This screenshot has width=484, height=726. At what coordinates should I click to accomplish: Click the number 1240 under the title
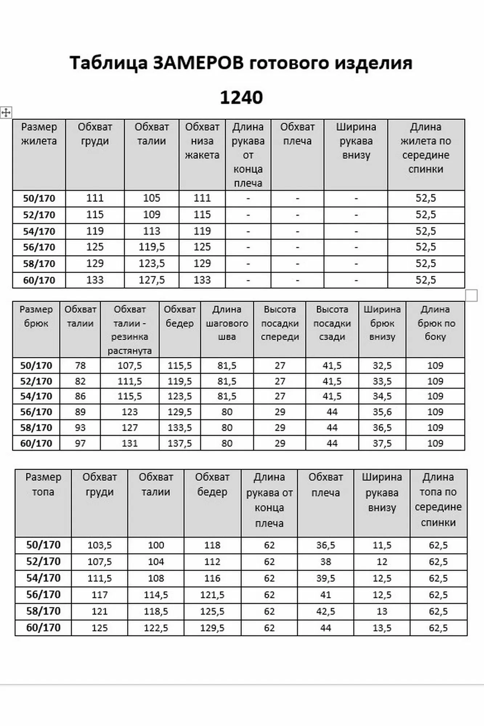[241, 98]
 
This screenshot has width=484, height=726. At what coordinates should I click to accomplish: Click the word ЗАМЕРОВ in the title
[198, 63]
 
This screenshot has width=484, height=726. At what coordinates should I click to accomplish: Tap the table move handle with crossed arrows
[6, 113]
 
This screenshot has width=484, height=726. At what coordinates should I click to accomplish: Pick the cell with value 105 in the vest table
[151, 198]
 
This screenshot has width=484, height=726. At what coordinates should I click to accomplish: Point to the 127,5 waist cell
[151, 280]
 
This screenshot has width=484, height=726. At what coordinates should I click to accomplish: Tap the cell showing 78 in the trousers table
[80, 366]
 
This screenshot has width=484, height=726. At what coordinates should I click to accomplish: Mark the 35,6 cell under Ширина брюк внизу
[382, 412]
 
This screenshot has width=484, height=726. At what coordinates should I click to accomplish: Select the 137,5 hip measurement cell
[179, 443]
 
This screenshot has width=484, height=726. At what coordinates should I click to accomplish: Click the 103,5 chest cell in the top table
[99, 545]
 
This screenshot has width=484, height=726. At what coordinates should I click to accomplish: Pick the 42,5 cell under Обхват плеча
[325, 612]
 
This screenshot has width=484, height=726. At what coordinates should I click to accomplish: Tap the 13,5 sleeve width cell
[382, 628]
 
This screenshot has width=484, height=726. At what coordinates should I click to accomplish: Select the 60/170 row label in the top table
[43, 628]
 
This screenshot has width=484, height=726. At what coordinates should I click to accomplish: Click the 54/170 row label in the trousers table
[36, 396]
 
